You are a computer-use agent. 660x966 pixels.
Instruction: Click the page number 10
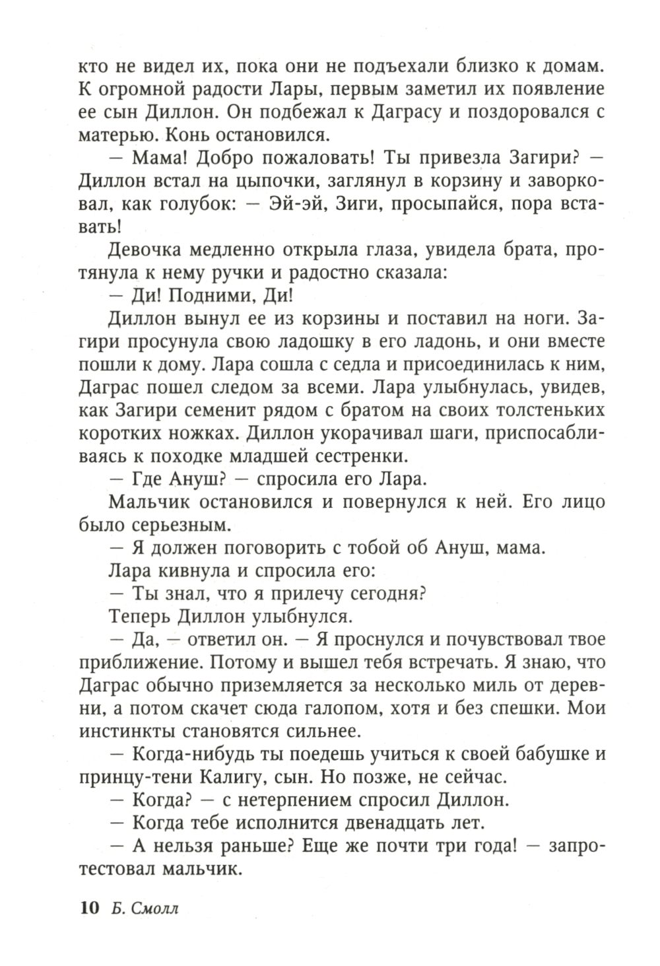click(88, 908)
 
